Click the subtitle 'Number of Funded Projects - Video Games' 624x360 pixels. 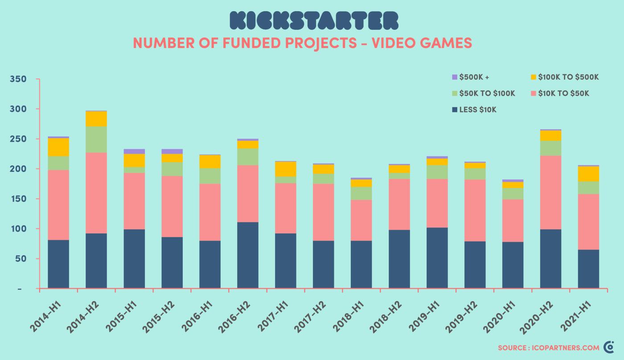[302, 43]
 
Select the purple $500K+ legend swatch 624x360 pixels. [455, 77]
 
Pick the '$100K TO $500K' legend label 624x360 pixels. [568, 77]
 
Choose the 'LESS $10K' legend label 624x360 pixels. [478, 110]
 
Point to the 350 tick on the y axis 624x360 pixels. [18, 79]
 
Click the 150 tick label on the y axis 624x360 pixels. [18, 199]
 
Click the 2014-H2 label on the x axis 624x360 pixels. [84, 317]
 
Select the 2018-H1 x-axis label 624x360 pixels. [349, 317]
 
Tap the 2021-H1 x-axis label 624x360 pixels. [576, 317]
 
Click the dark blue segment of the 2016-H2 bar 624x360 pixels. [248, 255]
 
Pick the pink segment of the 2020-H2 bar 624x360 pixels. [550, 192]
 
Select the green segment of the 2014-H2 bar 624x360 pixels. [96, 139]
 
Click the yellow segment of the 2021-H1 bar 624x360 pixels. [588, 174]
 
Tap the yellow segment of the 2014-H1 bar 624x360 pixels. [58, 147]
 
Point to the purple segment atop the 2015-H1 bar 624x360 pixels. [134, 151]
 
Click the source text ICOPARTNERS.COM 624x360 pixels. [548, 348]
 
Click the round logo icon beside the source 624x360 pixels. [608, 347]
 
